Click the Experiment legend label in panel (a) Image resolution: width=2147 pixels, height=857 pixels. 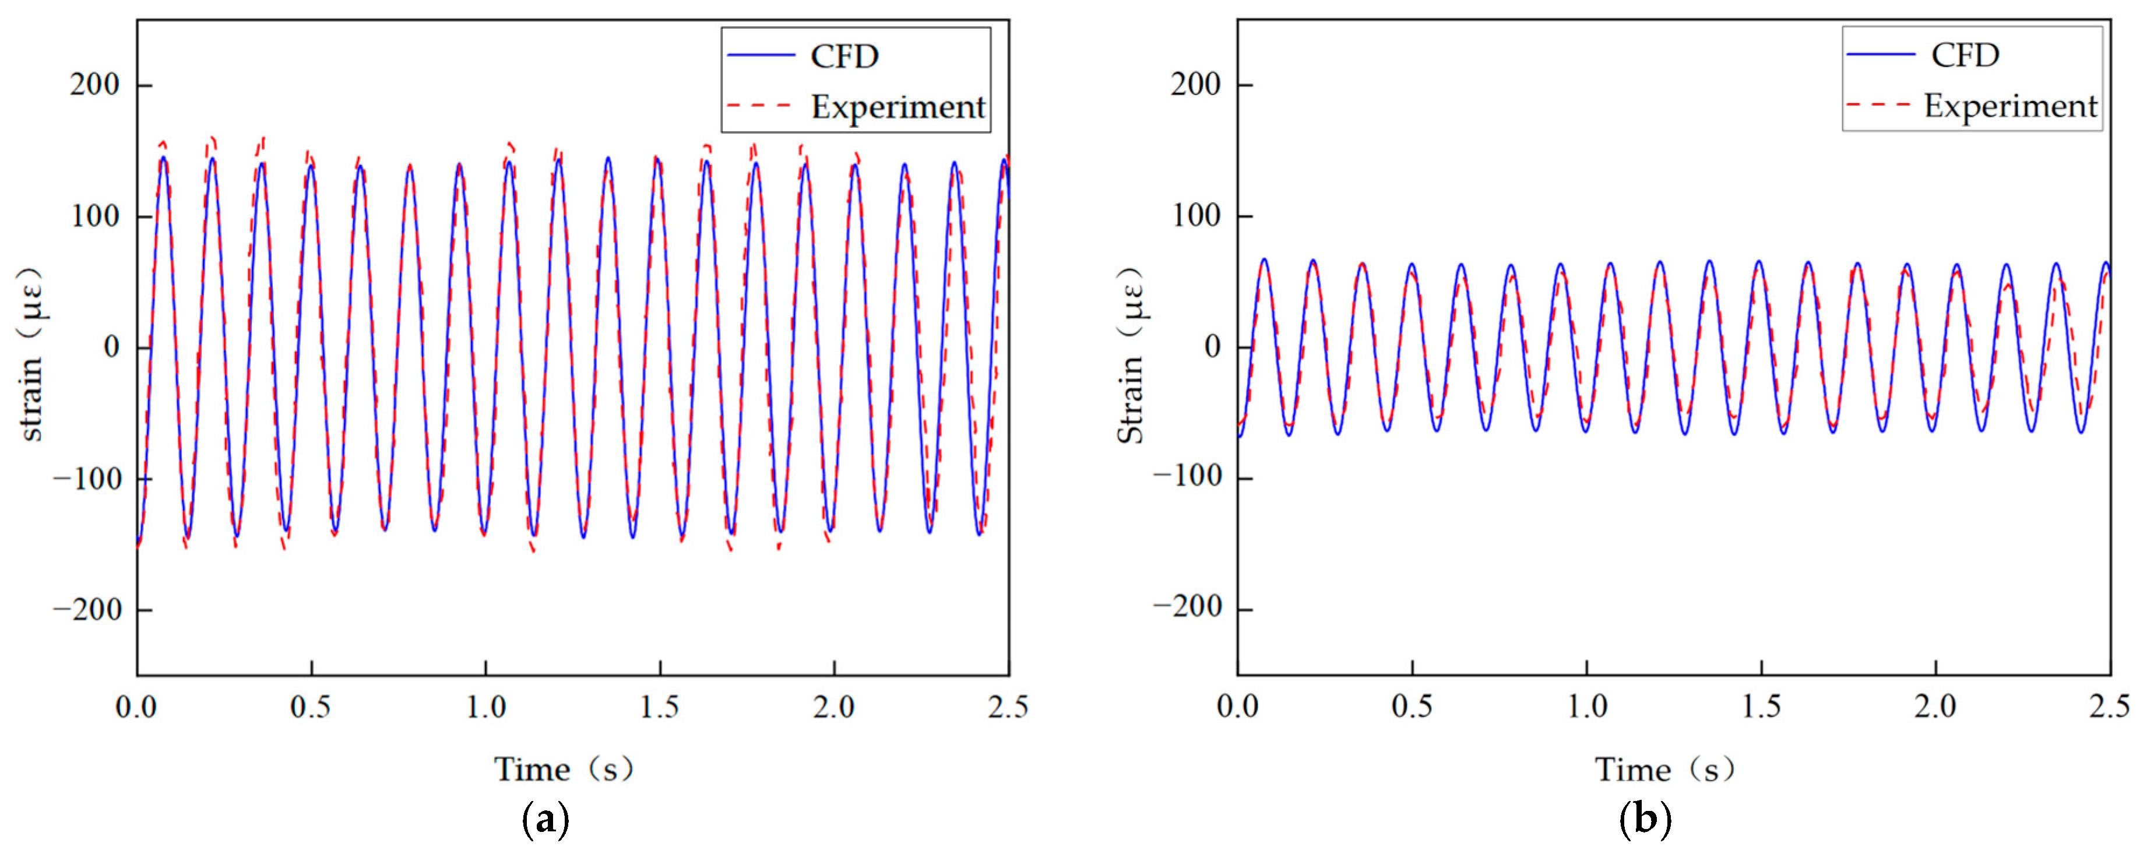pos(897,107)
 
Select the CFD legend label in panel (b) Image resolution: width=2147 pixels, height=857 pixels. pos(1965,55)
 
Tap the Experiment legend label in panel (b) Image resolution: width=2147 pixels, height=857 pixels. pos(2009,106)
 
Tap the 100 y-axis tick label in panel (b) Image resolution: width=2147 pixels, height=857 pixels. pos(1195,215)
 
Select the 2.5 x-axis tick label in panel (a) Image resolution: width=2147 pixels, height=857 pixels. pos(1008,707)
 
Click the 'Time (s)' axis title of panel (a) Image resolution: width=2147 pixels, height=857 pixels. pos(564,768)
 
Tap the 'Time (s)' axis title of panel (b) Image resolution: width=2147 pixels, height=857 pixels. pos(1664,768)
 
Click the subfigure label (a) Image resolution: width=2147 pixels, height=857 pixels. pos(546,820)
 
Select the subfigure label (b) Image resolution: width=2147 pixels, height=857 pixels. pos(1645,820)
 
